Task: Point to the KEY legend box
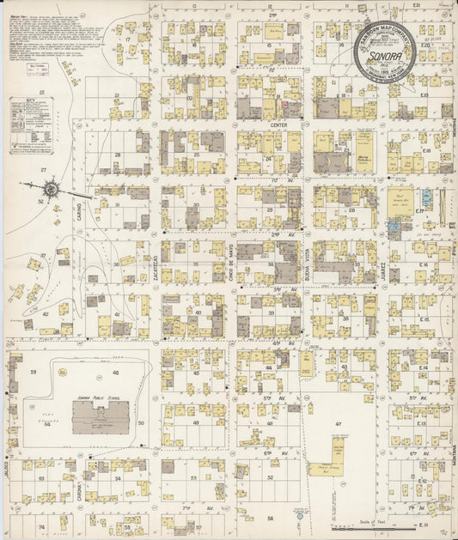31,125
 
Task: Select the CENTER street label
278,124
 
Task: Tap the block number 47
339,425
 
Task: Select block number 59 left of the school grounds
34,372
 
